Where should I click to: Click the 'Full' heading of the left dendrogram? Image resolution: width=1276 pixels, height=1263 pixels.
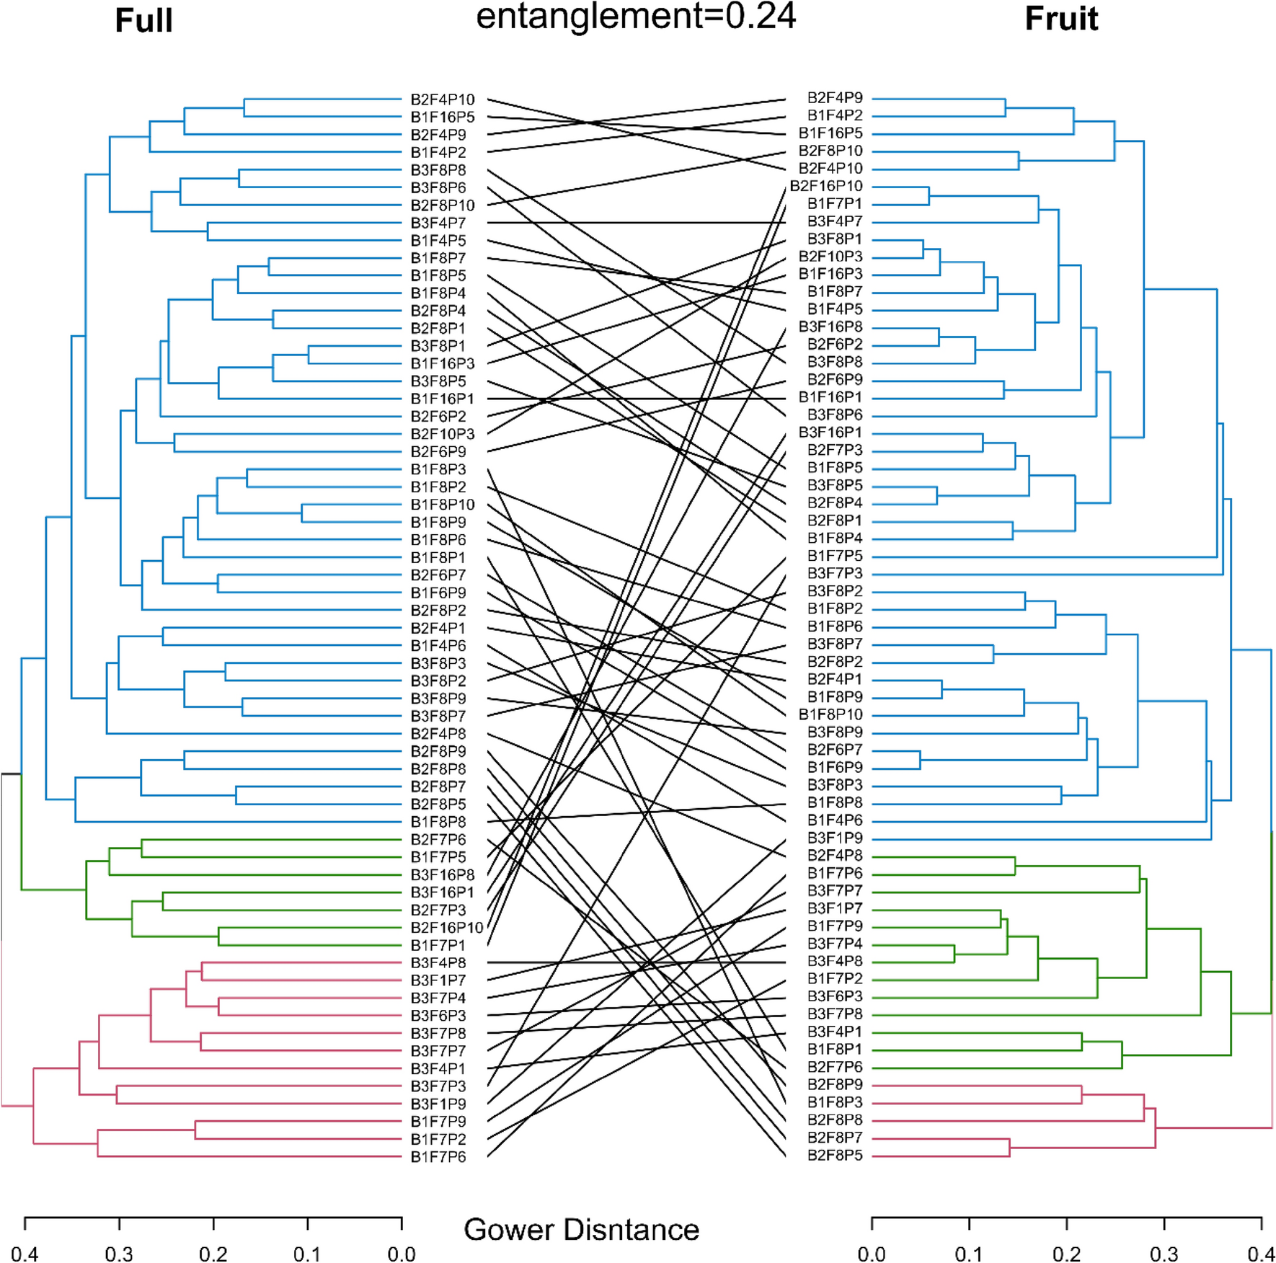tap(143, 20)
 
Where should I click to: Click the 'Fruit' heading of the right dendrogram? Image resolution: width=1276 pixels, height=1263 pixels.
tap(1061, 19)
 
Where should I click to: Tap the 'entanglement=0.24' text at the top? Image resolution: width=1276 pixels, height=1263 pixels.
tap(636, 16)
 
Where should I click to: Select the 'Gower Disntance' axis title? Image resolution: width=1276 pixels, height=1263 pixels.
tap(581, 1229)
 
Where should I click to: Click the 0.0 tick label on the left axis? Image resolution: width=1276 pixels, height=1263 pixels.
tap(402, 1254)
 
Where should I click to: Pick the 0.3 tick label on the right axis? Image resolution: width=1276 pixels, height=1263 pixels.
tap(1164, 1254)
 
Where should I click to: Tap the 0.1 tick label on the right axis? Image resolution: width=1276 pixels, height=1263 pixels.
tap(969, 1254)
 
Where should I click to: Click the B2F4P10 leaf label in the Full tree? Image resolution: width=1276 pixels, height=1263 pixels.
tap(443, 99)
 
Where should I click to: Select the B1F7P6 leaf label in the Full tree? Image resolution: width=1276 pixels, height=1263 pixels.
tap(438, 1157)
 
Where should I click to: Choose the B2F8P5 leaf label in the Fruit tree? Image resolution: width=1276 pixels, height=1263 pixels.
tap(835, 1156)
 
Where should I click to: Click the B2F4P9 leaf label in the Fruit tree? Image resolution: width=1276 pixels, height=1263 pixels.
tap(835, 98)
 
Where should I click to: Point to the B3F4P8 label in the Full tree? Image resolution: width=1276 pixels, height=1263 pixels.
tap(438, 963)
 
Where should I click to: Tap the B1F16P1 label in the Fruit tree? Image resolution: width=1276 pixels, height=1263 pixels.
tap(830, 397)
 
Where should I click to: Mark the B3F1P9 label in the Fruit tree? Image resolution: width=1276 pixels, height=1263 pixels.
tap(835, 838)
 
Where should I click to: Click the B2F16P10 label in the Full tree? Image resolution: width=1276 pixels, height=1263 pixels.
tap(447, 928)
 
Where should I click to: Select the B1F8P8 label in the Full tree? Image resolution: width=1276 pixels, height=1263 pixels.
tap(438, 822)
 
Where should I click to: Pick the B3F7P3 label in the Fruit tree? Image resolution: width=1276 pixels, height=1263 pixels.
tap(835, 574)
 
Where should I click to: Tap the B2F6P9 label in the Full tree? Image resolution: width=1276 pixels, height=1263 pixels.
tap(438, 452)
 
